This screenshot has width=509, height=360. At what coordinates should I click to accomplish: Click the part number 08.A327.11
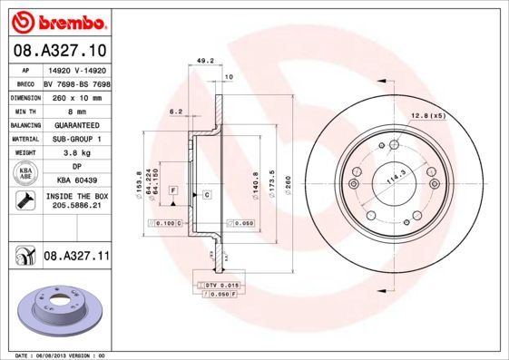click(x=77, y=257)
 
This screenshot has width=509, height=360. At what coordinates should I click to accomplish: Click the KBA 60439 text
click(x=76, y=181)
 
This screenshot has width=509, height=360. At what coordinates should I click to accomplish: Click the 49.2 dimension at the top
click(x=204, y=62)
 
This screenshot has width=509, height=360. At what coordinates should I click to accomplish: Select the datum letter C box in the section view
click(x=207, y=195)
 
